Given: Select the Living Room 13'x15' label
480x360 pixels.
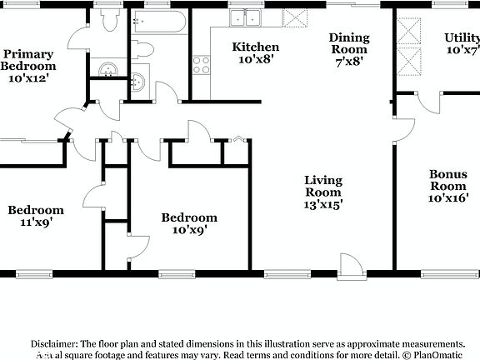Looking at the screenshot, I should point(323,191).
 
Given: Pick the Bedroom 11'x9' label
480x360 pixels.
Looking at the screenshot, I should point(36,216).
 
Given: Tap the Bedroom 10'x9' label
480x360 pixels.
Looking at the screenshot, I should point(189,223).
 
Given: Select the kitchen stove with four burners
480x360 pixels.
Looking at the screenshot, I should point(201,65).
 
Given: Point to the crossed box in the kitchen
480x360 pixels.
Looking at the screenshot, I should point(294,18).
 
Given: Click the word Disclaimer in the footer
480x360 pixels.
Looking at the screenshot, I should point(54,343).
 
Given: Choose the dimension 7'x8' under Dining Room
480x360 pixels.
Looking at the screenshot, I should point(348,61).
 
